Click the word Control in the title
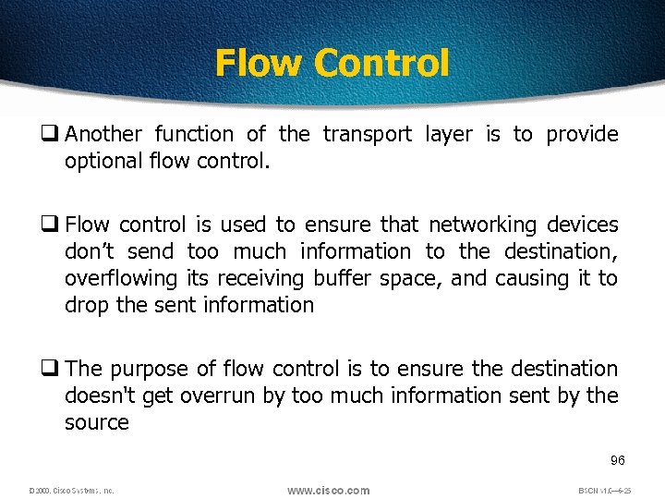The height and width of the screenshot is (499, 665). tap(381, 63)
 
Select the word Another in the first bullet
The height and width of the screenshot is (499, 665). tap(104, 135)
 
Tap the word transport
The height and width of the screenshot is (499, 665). tap(367, 135)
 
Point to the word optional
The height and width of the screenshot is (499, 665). tap(102, 162)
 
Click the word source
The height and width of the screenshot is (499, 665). tap(96, 422)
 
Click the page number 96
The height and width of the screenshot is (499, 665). tap(618, 460)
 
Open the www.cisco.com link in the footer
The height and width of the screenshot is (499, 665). tap(328, 490)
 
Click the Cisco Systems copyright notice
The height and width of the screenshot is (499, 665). tap(71, 491)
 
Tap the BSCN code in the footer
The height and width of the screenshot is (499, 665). tap(603, 491)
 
